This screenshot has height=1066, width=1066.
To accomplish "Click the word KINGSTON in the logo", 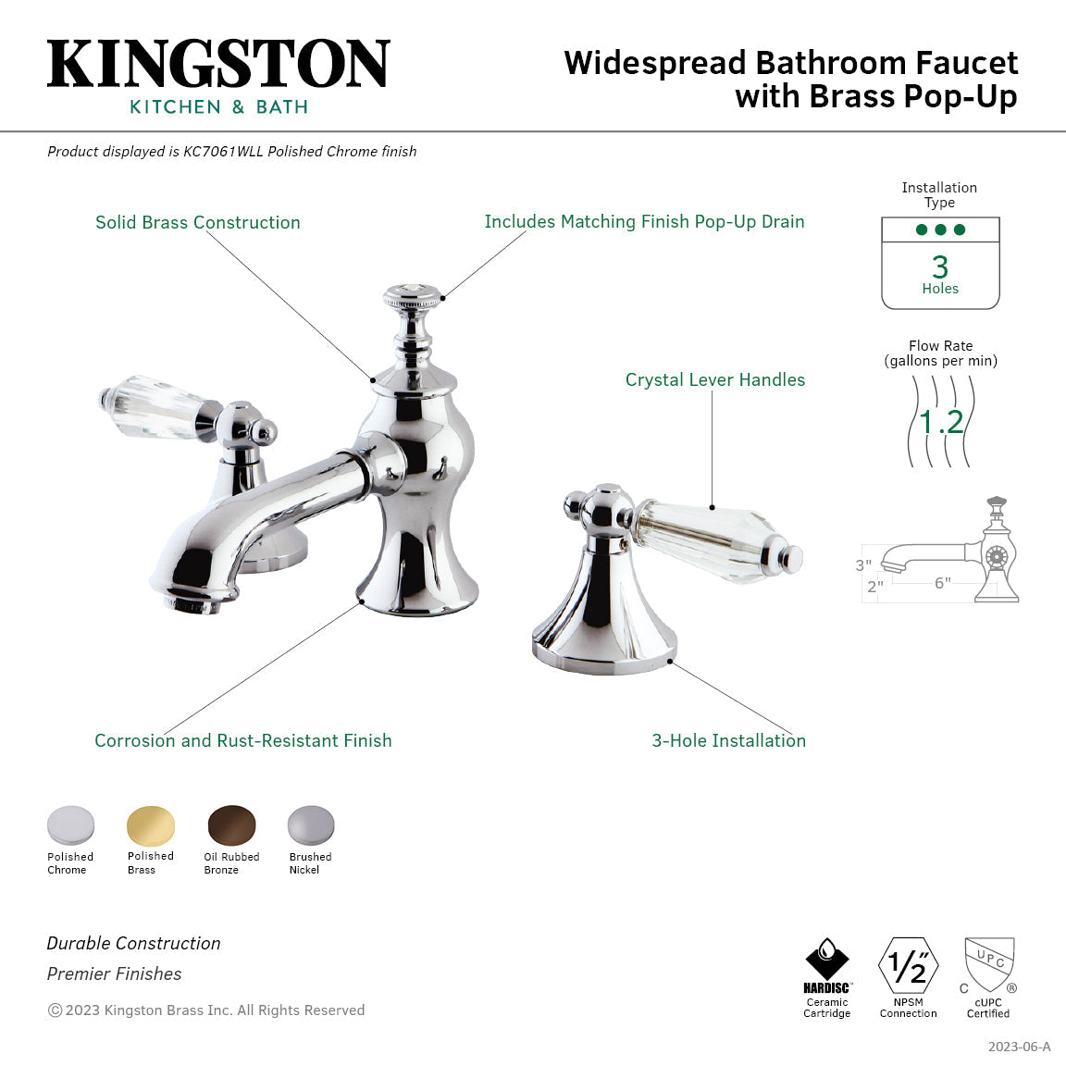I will pos(218,65).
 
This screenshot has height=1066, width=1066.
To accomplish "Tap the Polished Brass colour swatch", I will pos(150,825).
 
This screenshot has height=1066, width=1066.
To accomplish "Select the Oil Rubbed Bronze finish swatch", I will pos(231,825).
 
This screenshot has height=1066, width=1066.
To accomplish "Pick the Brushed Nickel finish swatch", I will pos(310,825).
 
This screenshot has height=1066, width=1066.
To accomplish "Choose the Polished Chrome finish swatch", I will pos(70,825).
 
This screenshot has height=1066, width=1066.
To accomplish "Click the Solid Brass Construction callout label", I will pos(198,223).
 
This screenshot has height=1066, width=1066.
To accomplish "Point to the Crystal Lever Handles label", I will pos(714,380).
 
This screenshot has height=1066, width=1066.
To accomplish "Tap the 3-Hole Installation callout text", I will pos(728,741).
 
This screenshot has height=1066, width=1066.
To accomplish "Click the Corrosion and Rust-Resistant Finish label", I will pos(243,741).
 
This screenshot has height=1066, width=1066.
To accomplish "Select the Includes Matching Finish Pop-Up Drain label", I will pos(644,222).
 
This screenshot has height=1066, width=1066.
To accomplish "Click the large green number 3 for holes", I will pos(940,266).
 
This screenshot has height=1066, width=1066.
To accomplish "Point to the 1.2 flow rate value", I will pos(941,422).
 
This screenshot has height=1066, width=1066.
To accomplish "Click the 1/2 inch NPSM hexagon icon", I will pos(908,966).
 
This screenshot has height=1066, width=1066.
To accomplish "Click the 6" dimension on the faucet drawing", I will pos(942,583).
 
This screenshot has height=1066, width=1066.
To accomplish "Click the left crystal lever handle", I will pos(157,407).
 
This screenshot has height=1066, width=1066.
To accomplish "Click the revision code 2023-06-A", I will pos(1019,1047).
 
